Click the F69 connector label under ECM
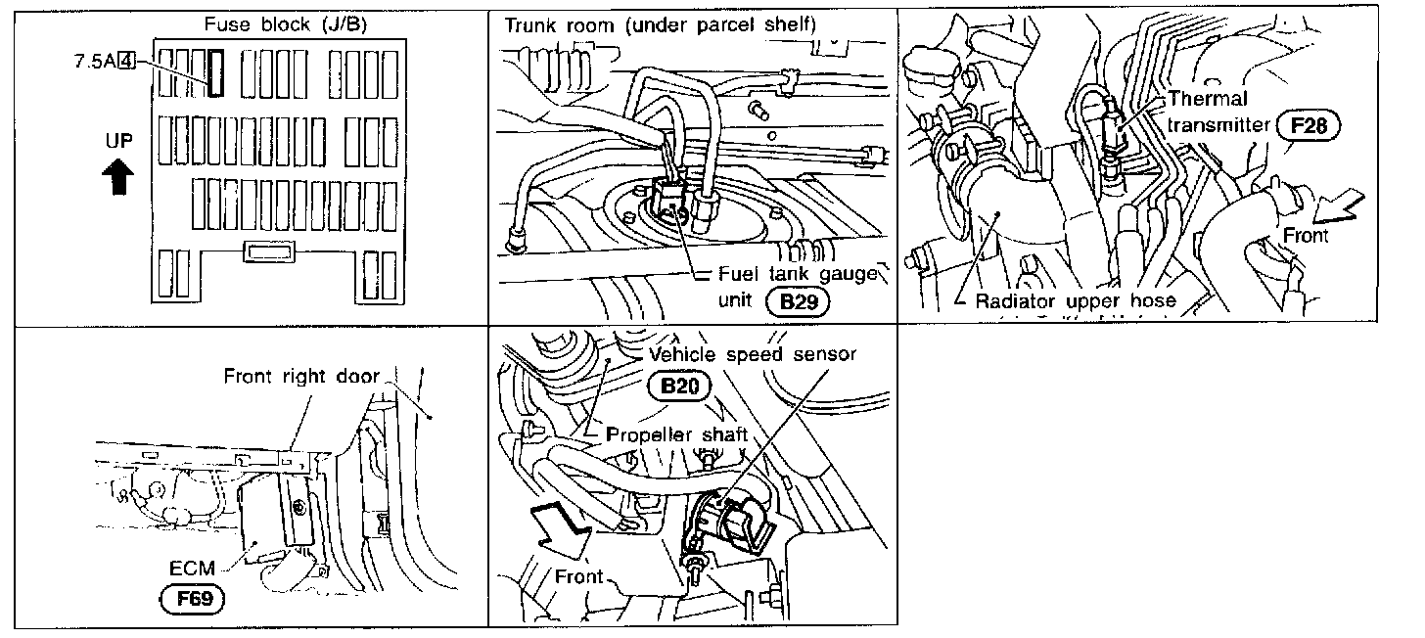pos(194,598)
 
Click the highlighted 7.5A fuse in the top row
pos(214,73)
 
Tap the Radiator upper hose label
pos(1075,300)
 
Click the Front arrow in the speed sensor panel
pos(559,528)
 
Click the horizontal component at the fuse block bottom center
pos(269,252)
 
